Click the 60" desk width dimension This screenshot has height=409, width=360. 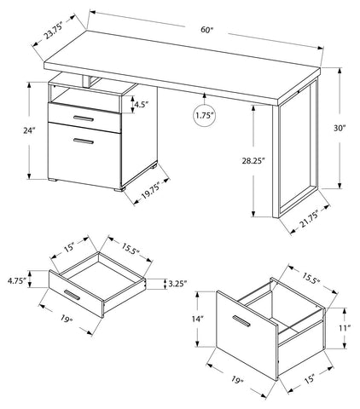pyautogui.click(x=206, y=30)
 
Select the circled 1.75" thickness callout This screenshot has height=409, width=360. pyautogui.click(x=204, y=115)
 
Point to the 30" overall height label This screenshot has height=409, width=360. pyautogui.click(x=340, y=128)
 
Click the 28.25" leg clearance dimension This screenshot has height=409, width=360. pyautogui.click(x=253, y=161)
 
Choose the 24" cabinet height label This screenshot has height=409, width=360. pyautogui.click(x=29, y=130)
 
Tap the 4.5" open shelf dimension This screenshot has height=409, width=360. pyautogui.click(x=142, y=105)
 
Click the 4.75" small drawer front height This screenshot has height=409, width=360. pyautogui.click(x=17, y=280)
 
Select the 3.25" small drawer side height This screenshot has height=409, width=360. pyautogui.click(x=177, y=284)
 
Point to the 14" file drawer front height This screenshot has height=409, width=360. pyautogui.click(x=198, y=319)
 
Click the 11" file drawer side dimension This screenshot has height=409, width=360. pyautogui.click(x=345, y=328)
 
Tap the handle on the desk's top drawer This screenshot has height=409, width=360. pyautogui.click(x=84, y=118)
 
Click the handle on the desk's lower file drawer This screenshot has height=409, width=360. pyautogui.click(x=84, y=141)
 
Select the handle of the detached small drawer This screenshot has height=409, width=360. pyautogui.click(x=72, y=295)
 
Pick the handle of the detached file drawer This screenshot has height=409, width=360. pyautogui.click(x=241, y=321)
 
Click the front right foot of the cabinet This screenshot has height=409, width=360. pyautogui.click(x=119, y=188)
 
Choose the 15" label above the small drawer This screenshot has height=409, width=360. pyautogui.click(x=69, y=247)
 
